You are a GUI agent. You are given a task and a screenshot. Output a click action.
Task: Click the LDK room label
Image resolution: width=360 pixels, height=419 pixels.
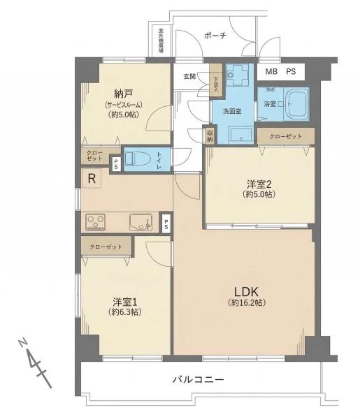click(246, 291)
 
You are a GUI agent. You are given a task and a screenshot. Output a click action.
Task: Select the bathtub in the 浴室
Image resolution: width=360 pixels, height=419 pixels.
click(296, 103)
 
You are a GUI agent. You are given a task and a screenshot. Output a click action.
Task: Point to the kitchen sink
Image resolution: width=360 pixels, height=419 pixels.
click(141, 222)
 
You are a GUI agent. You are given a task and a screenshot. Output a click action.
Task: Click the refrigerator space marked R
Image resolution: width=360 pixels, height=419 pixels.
click(92, 178)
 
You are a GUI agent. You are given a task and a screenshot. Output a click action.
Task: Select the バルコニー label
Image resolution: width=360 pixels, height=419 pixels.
click(198, 379)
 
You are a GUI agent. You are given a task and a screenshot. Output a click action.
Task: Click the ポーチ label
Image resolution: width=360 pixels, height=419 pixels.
click(215, 36)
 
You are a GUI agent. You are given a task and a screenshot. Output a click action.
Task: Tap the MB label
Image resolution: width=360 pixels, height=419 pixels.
click(271, 72)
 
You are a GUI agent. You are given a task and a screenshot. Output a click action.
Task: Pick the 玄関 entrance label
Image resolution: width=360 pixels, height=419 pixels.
click(189, 76)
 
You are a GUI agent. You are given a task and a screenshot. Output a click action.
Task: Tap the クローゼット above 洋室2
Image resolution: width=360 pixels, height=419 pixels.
click(286, 136)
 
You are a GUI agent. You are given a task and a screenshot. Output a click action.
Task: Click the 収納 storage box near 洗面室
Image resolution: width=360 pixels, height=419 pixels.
click(210, 135)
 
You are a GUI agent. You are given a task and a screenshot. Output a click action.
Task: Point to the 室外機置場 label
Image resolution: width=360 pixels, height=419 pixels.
click(161, 40)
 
